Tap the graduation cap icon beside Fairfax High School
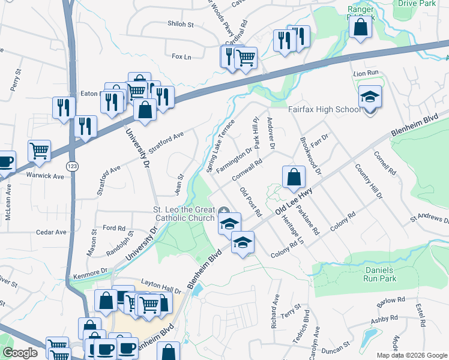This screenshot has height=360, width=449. click(370, 96)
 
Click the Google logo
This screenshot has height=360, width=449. click(19, 353)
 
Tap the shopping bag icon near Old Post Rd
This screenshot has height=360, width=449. click(293, 177)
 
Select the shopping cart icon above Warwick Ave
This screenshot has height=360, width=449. click(40, 150)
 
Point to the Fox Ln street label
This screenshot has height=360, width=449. click(181, 56)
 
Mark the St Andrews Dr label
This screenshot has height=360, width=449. click(429, 218)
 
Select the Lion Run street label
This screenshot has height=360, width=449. click(366, 73)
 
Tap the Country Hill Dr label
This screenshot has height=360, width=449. click(367, 181)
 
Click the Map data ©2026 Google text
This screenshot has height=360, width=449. click(411, 355)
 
